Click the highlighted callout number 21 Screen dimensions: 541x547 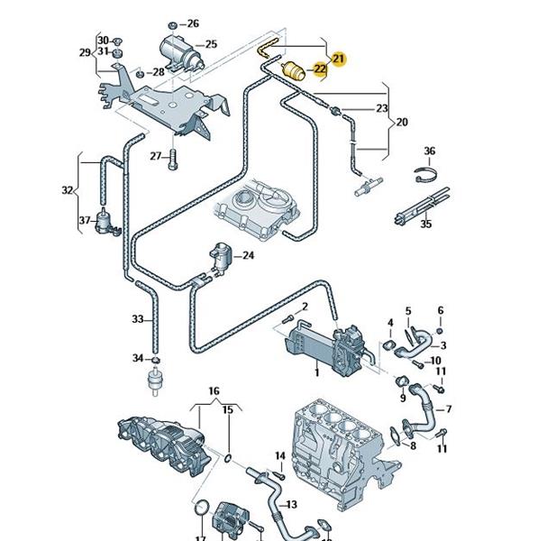click(339, 59)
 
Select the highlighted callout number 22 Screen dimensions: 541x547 click(319, 69)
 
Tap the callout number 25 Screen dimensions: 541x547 click(211, 44)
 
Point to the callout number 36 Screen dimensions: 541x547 click(430, 151)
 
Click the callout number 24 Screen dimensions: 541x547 click(249, 256)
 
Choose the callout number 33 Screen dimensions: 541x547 click(137, 319)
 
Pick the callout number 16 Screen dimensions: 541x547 click(214, 390)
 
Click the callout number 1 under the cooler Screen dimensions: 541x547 click(316, 371)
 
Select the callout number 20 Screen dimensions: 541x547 click(402, 121)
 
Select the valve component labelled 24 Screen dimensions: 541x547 click(220, 258)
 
